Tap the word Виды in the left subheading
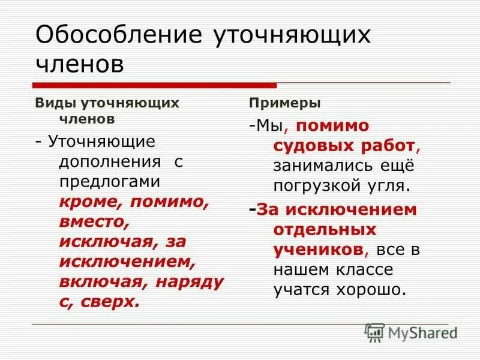51,103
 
